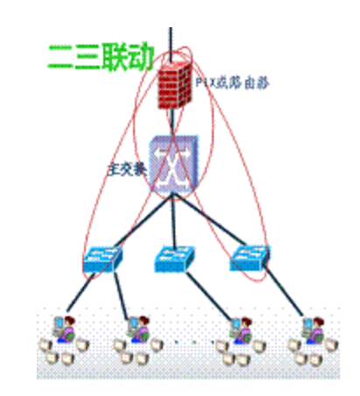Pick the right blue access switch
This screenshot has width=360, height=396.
click(249, 258)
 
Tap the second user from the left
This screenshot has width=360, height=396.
click(137, 331)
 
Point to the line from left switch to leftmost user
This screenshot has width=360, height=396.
click(81, 293)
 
